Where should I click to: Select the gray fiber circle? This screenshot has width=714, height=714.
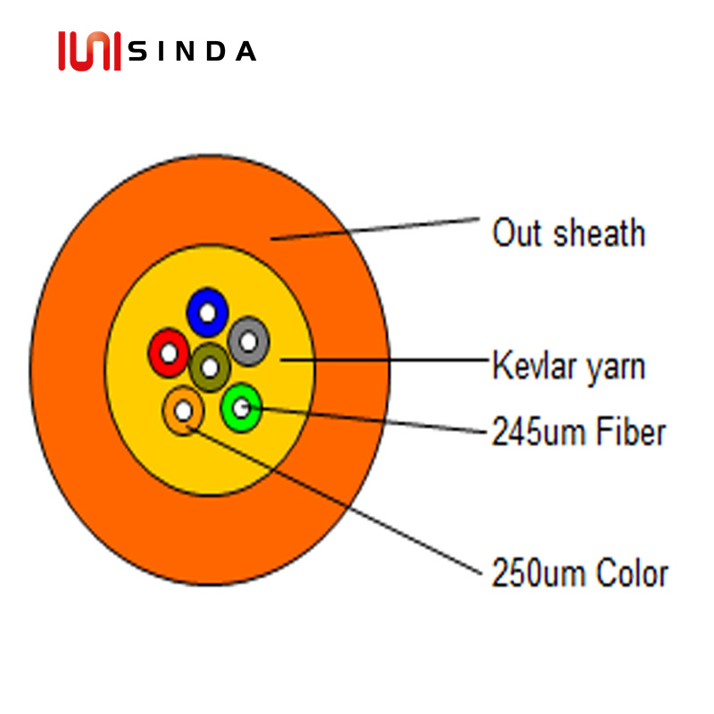click(258, 340)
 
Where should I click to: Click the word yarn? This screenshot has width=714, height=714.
click(614, 368)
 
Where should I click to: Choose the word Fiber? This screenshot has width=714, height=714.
click(630, 432)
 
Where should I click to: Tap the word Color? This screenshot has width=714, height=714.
click(630, 573)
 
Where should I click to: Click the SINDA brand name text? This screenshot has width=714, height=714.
click(192, 52)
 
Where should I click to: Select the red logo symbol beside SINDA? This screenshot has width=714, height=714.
click(88, 51)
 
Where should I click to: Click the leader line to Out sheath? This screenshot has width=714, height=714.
click(375, 228)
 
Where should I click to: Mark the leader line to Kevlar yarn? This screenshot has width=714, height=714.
click(384, 361)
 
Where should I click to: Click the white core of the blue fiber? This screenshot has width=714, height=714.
click(207, 313)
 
